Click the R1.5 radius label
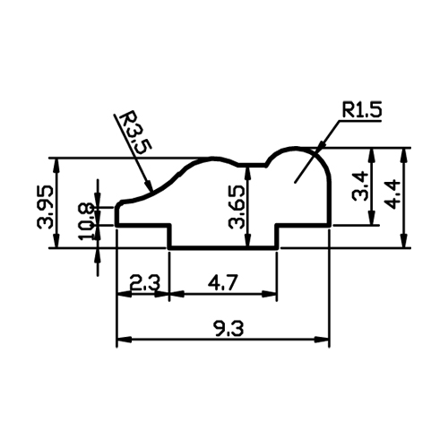point(362,110)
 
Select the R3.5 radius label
point(135,133)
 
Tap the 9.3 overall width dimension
point(228,329)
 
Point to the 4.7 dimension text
point(223,283)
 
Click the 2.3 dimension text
point(145,283)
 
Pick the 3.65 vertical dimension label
point(236,207)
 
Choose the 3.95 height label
point(45,207)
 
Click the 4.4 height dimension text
point(392,194)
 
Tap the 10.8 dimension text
point(86,222)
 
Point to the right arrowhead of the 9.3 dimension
point(322,340)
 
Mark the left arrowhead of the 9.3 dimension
point(125,340)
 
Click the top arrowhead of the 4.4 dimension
point(404,155)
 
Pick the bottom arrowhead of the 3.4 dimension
point(372,218)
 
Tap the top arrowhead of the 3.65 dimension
point(247,173)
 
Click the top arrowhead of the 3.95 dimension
point(56,165)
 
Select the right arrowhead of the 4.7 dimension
point(270,294)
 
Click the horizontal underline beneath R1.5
point(360,121)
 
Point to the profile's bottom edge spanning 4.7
point(223,248)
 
